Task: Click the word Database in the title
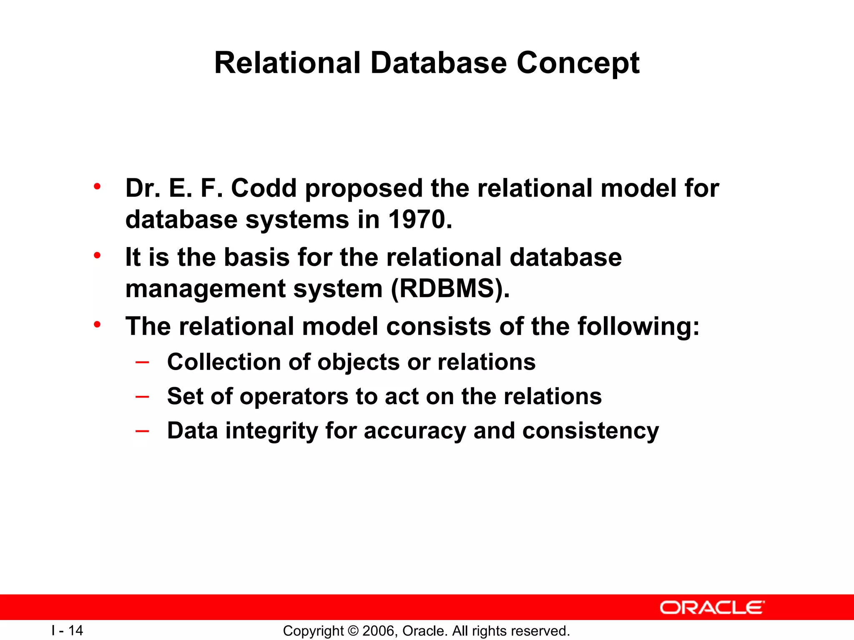pos(439,63)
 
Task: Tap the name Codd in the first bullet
pos(264,188)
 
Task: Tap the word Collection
pos(224,362)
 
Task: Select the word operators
pos(294,396)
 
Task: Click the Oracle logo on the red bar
pos(712,607)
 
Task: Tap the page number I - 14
pos(67,630)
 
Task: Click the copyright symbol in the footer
pos(353,631)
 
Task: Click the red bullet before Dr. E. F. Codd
pos(97,186)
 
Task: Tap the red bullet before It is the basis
pos(97,255)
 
